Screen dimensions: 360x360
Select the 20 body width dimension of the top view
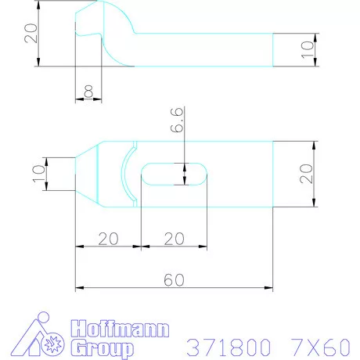(x=308, y=173)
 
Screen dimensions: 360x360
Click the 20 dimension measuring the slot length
(x=174, y=237)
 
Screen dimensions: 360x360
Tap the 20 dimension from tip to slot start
(x=107, y=237)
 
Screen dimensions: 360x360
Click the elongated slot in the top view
(x=174, y=174)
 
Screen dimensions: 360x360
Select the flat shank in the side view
(x=203, y=49)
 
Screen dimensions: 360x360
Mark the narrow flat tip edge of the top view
(x=76, y=174)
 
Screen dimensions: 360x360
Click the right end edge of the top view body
(x=272, y=174)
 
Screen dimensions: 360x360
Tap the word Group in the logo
(x=102, y=347)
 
